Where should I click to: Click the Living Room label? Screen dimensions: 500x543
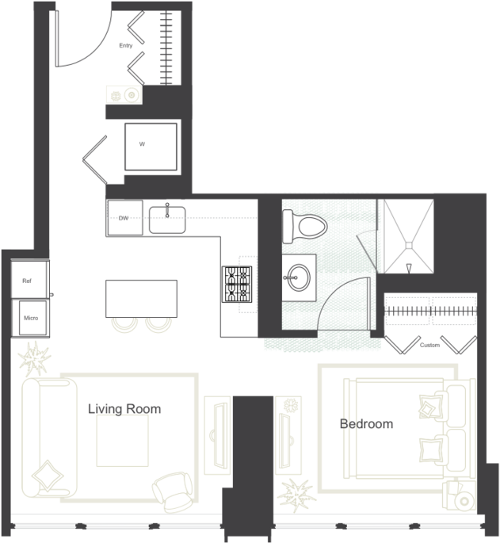coord(124,409)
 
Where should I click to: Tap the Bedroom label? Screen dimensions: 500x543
coord(366,424)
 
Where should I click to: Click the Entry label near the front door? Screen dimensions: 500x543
coord(126,45)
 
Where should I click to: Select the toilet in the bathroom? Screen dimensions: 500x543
coord(305,227)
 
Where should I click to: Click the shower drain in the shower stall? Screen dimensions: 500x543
coord(409,245)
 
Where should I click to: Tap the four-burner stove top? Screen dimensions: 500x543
coord(237,285)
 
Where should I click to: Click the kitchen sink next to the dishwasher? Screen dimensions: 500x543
coord(167,220)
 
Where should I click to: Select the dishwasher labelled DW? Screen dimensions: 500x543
coord(124,218)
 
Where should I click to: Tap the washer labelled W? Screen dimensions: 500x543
coord(151,147)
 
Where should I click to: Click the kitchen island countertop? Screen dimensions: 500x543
coord(141,299)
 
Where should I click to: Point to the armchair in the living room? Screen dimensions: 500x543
coord(173,492)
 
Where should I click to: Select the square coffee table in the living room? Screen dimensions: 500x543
coord(123,441)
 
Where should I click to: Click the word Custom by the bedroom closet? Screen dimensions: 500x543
coord(429,346)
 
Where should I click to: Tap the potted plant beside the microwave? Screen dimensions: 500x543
coord(34,359)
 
